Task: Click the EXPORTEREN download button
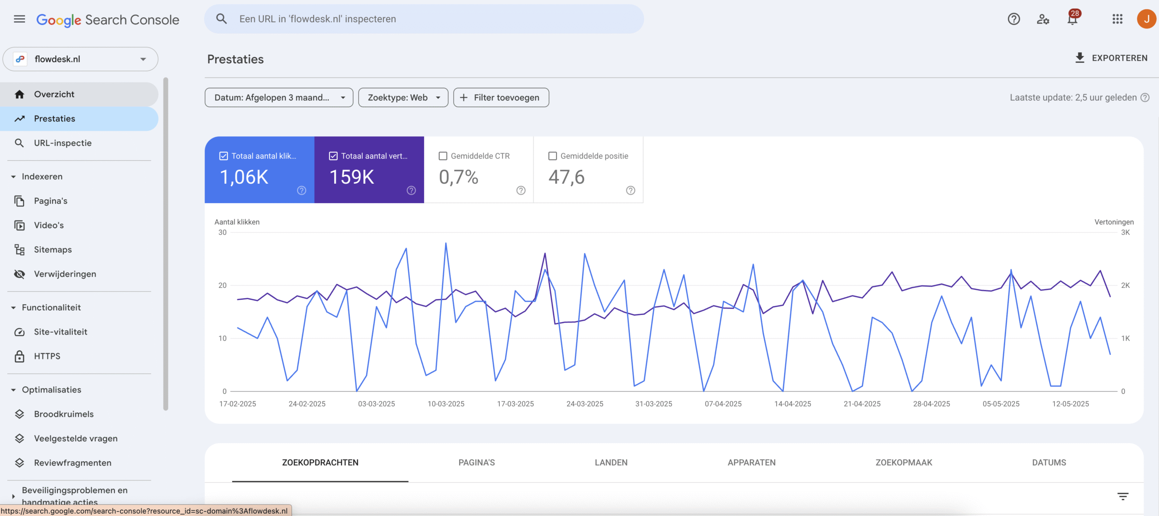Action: [x=1111, y=58]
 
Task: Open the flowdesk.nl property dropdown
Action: [x=81, y=59]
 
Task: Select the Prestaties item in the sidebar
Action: [x=54, y=119]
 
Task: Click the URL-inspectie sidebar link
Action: [x=62, y=143]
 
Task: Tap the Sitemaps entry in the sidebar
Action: [x=53, y=249]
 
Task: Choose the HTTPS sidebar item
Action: [x=47, y=356]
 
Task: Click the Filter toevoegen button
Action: [x=501, y=97]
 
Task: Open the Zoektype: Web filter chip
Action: [x=403, y=97]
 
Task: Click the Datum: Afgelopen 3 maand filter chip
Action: [x=278, y=97]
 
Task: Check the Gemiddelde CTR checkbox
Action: [x=443, y=156]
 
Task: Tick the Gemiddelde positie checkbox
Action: [x=553, y=156]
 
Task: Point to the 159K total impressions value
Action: [x=352, y=177]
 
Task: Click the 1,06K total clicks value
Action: [x=244, y=177]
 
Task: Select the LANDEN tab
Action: [x=611, y=463]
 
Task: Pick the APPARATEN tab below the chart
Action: [x=752, y=463]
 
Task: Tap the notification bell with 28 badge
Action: [x=1073, y=19]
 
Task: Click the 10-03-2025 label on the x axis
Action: [x=446, y=404]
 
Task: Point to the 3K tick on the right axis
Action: [x=1125, y=233]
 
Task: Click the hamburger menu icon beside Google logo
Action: [x=19, y=19]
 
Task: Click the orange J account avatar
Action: [x=1146, y=19]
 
